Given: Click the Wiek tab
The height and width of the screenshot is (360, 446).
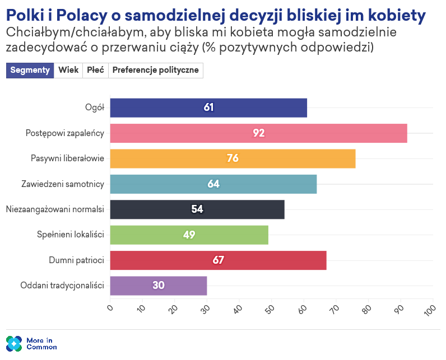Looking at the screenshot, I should [x=68, y=70].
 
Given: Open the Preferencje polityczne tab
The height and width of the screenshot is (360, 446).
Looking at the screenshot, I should [x=155, y=70].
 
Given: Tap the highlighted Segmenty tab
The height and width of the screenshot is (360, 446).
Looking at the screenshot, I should [x=30, y=70].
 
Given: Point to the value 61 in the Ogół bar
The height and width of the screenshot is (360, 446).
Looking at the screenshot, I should [x=208, y=107].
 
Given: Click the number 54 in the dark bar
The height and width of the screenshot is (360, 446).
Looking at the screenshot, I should [x=197, y=209].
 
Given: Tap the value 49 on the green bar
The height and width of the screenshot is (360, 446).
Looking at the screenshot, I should [x=189, y=235].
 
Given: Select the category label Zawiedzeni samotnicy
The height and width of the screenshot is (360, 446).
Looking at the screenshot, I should [x=63, y=184].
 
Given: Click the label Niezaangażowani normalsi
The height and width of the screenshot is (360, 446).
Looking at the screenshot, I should [x=55, y=209].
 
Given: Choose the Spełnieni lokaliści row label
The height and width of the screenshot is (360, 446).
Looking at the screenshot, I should [x=67, y=235].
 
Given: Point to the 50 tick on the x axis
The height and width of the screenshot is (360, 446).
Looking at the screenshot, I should [x=270, y=310].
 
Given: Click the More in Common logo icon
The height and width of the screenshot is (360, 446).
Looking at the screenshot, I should [x=14, y=343].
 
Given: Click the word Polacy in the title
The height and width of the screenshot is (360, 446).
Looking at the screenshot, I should [x=94, y=15].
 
